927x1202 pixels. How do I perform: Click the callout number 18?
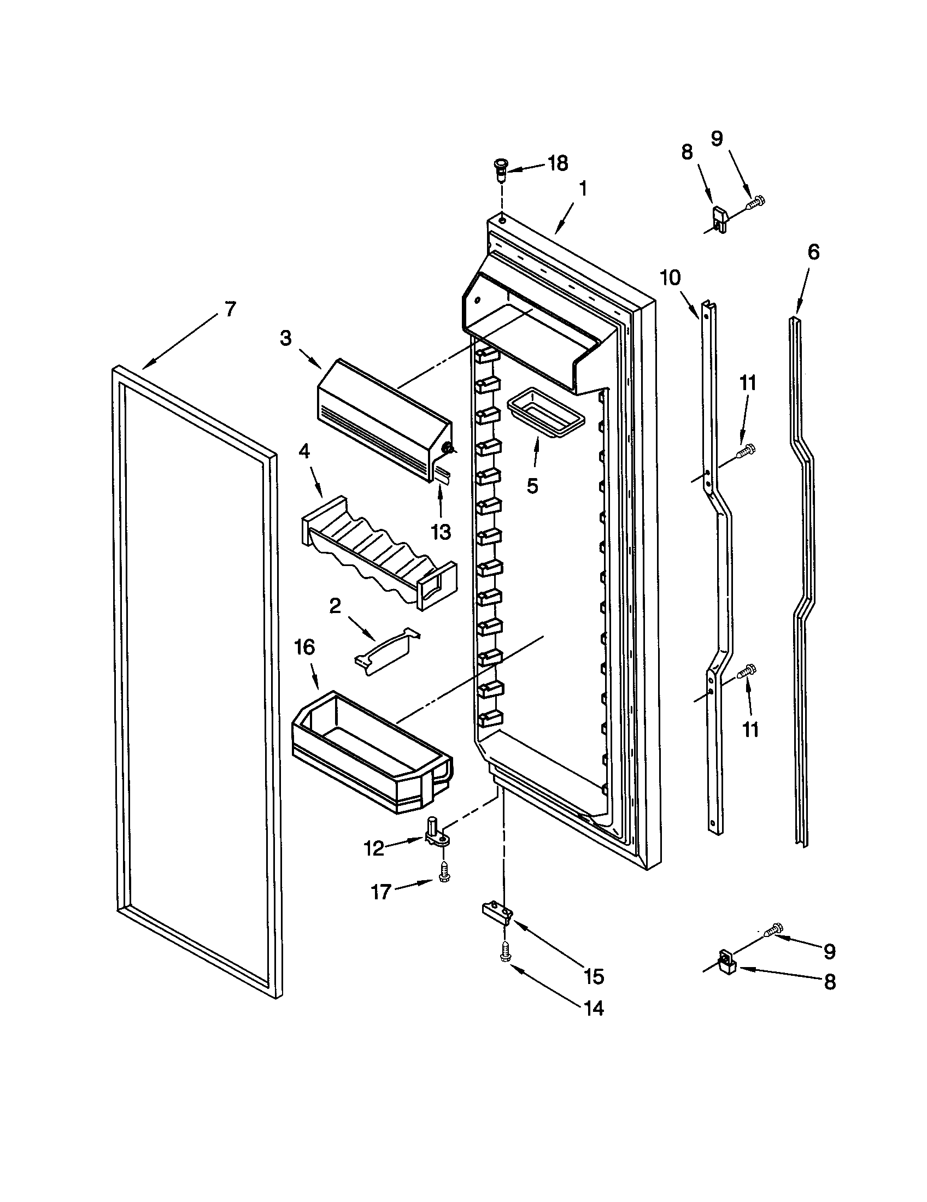[x=558, y=163]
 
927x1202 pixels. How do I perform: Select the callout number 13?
[x=441, y=532]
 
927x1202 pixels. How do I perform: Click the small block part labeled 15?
[x=498, y=912]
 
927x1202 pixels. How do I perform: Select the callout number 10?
[x=671, y=279]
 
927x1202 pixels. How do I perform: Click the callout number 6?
[x=813, y=252]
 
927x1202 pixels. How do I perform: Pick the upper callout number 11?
[x=748, y=383]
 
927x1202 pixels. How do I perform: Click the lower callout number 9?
[x=830, y=951]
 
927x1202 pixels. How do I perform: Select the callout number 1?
[x=583, y=190]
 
